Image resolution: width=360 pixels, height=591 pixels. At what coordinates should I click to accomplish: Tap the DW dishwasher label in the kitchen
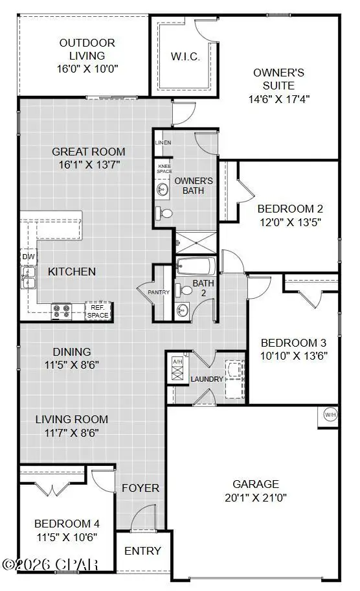pos(27,257)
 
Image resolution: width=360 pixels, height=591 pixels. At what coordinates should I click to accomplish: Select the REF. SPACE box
pos(98,311)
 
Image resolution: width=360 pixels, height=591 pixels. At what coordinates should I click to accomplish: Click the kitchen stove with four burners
pos(61,312)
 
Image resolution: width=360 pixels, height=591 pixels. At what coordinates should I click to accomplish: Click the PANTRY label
pos(159,292)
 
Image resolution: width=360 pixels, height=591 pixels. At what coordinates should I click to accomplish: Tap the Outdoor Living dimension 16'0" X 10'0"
pos(87,67)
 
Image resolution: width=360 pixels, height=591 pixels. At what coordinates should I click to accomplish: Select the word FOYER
pos(141,487)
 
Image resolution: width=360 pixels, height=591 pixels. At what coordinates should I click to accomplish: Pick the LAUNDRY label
pos(207,378)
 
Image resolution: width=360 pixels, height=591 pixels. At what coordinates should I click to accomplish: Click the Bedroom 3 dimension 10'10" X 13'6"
pos(293,356)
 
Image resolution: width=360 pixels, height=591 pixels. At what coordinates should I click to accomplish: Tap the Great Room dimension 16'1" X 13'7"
pos(87,165)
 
